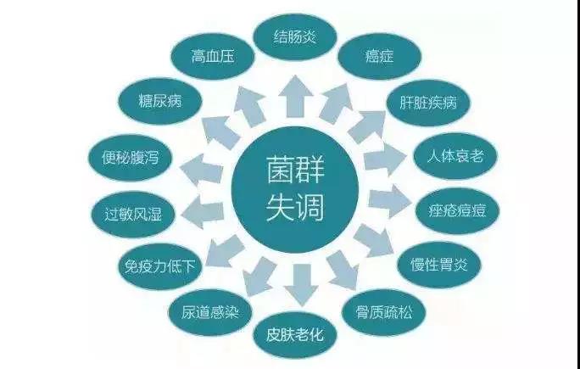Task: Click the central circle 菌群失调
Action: click(295, 189)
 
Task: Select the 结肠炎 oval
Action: click(295, 37)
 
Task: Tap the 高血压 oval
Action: click(213, 57)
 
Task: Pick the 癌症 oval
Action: click(380, 56)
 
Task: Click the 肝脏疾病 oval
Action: click(428, 103)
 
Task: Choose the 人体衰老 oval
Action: click(455, 156)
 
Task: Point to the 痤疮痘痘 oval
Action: click(457, 210)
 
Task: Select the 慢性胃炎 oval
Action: click(439, 265)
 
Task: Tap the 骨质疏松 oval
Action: click(383, 312)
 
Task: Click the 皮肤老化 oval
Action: click(295, 335)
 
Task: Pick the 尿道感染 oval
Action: click(210, 312)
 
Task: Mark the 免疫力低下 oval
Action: click(159, 266)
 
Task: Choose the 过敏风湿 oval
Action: click(133, 215)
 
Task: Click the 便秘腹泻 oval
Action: click(130, 158)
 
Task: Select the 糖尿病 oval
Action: click(160, 101)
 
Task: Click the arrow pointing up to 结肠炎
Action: click(296, 96)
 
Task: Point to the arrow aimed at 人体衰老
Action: click(385, 159)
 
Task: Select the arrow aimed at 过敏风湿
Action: click(203, 212)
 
